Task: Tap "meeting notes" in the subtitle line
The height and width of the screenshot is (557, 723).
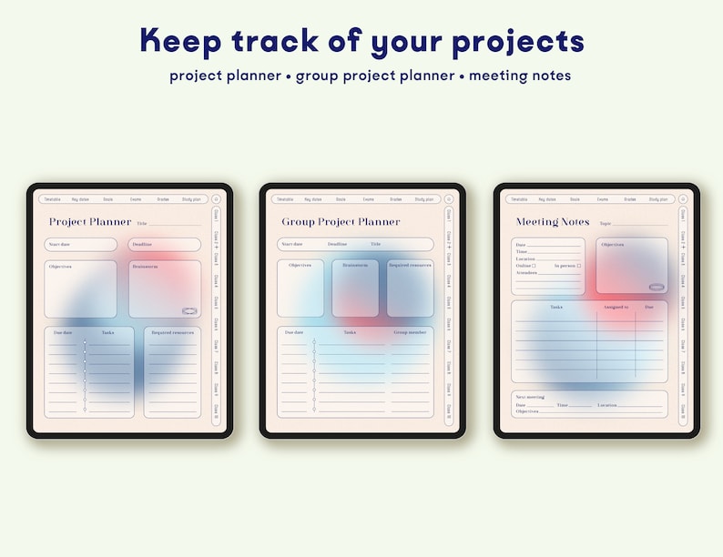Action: pos(525,76)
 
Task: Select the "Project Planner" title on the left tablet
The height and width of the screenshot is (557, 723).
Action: pos(90,222)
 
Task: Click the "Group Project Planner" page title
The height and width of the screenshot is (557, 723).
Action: pos(341,222)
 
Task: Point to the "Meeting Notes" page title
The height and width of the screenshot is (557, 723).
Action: pos(553,222)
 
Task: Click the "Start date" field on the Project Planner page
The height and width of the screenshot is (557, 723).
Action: pos(80,245)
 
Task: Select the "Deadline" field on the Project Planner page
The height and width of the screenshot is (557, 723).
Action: pos(164,245)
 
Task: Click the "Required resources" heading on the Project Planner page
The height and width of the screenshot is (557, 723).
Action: pos(172,333)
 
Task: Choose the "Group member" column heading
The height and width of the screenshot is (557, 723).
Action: pos(410,333)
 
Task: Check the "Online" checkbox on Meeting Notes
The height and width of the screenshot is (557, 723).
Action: pos(534,266)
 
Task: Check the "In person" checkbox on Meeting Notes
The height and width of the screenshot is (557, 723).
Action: pos(578,266)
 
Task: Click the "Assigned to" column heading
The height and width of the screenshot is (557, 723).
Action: pos(616,308)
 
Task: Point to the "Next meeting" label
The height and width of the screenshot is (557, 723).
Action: pos(530,397)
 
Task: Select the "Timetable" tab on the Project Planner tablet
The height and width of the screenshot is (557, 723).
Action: pos(52,199)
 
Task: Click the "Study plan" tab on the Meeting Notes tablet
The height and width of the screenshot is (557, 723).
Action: pos(657,199)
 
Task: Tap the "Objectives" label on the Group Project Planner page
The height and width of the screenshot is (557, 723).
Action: pos(300,266)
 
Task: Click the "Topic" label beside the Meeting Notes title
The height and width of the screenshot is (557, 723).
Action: pos(606,223)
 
